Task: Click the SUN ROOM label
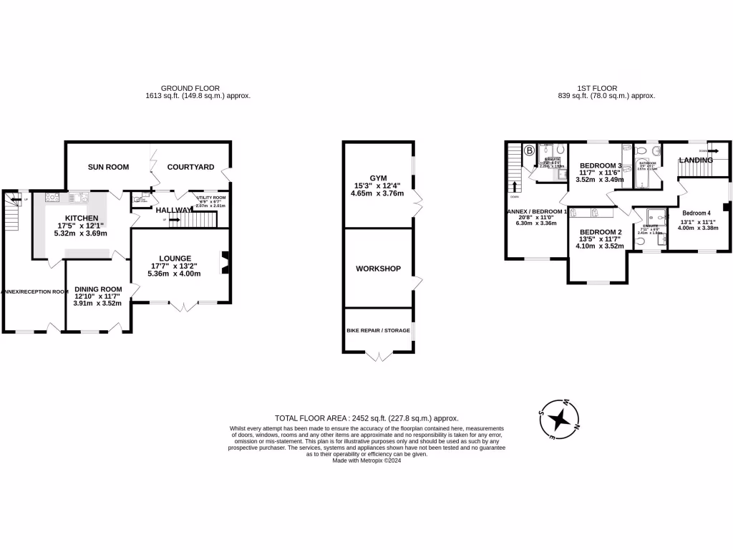108,167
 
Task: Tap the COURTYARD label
190,167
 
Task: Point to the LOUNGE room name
175,258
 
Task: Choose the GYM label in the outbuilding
377,178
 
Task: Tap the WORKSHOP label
378,269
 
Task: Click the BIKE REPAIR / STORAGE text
378,330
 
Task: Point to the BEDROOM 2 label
601,232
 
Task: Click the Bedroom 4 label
696,213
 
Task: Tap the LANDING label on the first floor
696,160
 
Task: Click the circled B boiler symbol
529,150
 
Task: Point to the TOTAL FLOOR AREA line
366,418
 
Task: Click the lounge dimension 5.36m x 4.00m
175,274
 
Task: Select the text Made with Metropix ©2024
366,461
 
